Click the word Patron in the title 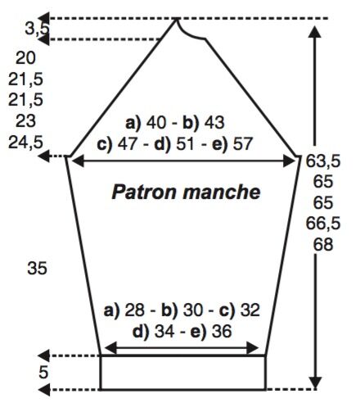144,192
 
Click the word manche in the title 222,192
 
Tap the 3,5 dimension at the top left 37,29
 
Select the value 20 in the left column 25,58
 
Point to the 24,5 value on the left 25,143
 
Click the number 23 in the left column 25,121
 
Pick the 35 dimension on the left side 37,268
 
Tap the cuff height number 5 43,372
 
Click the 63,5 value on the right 323,161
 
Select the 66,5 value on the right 323,224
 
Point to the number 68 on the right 323,244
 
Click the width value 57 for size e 242,144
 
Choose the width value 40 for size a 156,123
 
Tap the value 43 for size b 214,123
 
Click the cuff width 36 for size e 222,332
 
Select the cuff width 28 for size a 135,310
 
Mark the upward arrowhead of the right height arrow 315,32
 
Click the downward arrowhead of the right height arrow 315,383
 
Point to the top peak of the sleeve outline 177,19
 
